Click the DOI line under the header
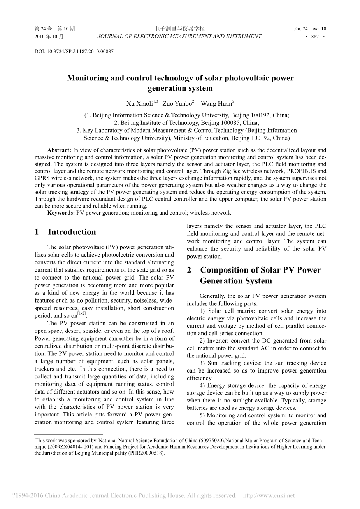coord(74,51)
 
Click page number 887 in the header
coord(315,37)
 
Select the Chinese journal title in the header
coord(179,29)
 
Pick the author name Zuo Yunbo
coord(177,104)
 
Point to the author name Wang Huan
coord(216,104)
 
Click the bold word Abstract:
coord(59,150)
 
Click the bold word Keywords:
coord(61,213)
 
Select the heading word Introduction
coord(72,232)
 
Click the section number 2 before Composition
coord(189,270)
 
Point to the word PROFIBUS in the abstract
coord(303,171)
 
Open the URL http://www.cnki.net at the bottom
coord(269,496)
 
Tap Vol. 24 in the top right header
coord(301,29)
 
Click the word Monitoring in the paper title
coord(87,78)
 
